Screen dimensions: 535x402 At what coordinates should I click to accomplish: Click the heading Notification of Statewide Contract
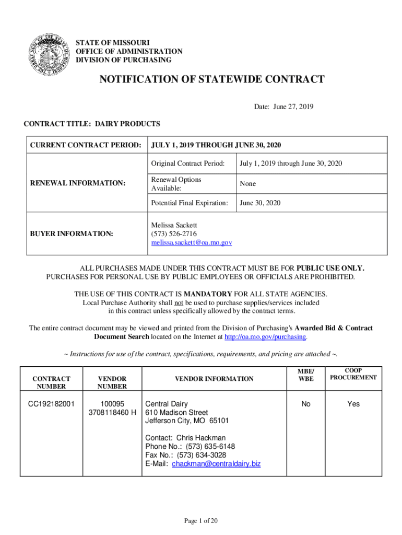pos(212,79)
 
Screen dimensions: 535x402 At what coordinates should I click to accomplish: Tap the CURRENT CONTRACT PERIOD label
pos(85,144)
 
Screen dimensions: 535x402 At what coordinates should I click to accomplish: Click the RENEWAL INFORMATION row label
pos(78,183)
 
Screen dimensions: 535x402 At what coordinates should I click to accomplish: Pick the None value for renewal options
pos(247,184)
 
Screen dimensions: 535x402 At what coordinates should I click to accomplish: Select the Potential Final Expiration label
pos(190,203)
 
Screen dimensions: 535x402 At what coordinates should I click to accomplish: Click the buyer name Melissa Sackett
pos(174,225)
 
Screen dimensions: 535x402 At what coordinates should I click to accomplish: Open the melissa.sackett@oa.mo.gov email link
pos(192,243)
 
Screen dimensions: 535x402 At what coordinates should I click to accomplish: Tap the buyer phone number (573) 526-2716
pos(174,234)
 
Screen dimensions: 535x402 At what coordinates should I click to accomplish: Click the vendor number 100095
pos(113,404)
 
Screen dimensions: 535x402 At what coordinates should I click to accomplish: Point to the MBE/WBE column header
pos(306,375)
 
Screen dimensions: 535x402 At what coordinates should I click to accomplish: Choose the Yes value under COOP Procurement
pos(353,404)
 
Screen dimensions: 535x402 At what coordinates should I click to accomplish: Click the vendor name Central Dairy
pos(166,404)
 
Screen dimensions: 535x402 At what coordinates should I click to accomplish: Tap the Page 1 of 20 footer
pos(200,520)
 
